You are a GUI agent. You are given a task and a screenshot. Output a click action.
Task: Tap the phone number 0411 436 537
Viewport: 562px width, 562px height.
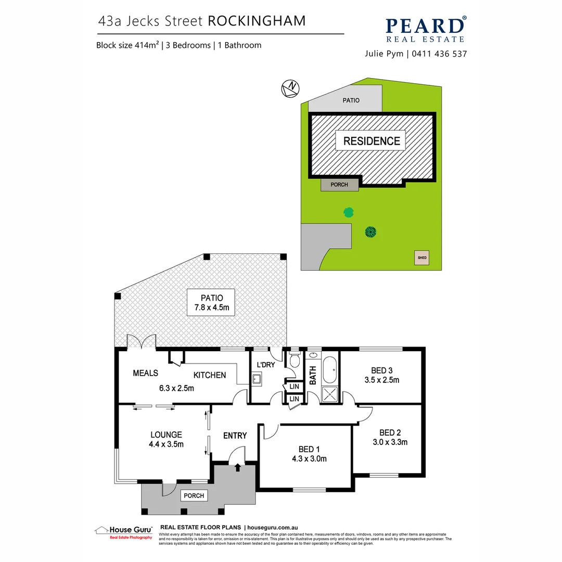[x=440, y=54]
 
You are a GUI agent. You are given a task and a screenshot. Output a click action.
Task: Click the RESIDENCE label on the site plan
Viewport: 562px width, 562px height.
[x=372, y=140]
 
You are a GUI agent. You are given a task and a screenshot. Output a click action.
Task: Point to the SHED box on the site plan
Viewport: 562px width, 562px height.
[x=422, y=258]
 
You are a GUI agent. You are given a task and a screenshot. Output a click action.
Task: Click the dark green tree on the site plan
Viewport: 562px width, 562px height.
[x=371, y=232]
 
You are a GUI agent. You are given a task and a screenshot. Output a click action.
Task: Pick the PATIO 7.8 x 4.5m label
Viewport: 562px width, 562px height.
[x=211, y=303]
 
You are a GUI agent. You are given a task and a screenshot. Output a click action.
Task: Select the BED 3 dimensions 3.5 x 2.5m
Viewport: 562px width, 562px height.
[x=381, y=380]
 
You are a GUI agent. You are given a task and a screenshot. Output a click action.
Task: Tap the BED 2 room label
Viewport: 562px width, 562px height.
[x=390, y=432]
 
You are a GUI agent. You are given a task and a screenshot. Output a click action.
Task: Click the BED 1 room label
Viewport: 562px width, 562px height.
[x=306, y=449]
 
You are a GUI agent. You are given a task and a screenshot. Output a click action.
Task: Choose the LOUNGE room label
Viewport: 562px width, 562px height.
[x=166, y=435]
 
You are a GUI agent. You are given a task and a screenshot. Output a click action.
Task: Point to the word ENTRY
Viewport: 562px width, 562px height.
[x=235, y=436]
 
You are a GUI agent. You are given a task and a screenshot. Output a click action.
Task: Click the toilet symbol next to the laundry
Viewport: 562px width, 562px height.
[x=295, y=359]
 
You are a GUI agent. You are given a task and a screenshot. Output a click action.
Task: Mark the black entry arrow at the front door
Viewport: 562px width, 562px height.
[x=238, y=468]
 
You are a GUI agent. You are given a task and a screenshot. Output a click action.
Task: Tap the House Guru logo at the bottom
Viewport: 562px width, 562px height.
[x=124, y=532]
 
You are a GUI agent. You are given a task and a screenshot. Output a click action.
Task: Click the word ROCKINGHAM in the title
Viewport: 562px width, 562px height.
[x=257, y=21]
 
